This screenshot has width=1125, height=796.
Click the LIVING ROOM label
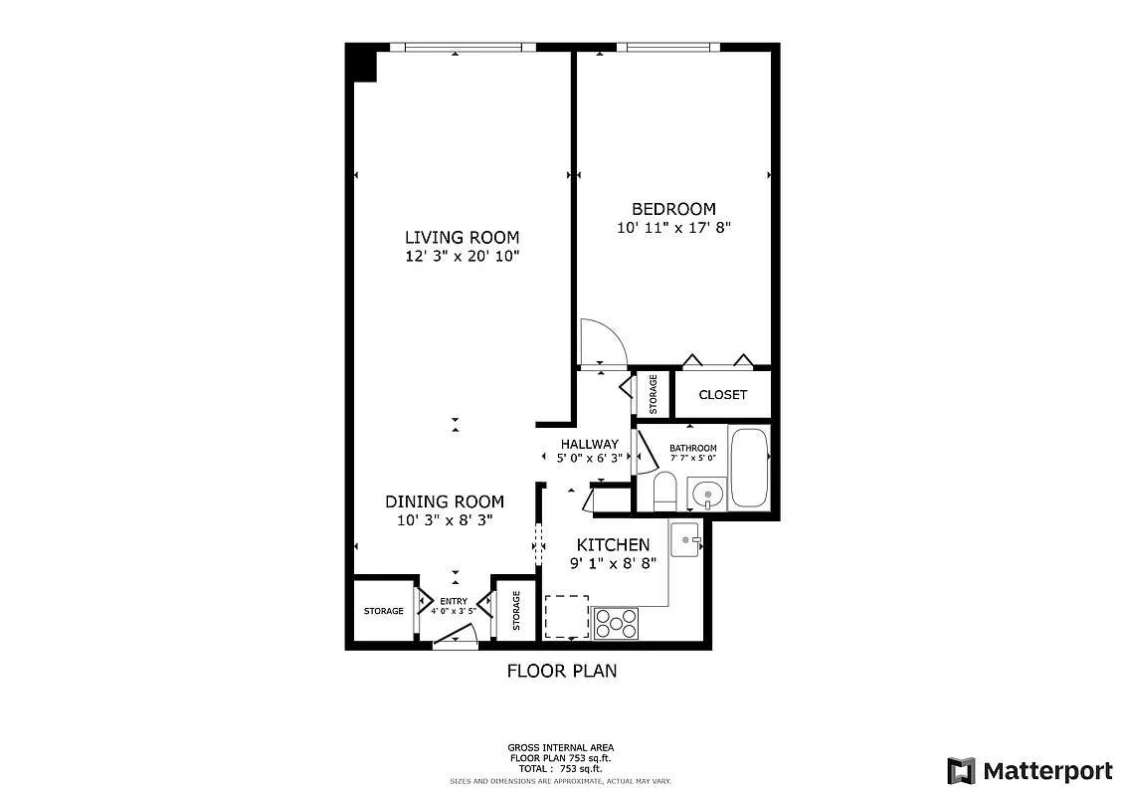point(462,237)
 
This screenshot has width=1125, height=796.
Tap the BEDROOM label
point(673,209)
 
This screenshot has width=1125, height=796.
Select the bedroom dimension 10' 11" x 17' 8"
point(673,228)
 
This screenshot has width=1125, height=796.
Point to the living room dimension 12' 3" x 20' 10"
point(462,256)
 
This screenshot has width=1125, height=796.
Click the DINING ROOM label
point(445,501)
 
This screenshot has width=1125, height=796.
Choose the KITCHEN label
point(614,544)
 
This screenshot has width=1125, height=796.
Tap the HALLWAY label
point(589,444)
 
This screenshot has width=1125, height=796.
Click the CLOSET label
point(722,395)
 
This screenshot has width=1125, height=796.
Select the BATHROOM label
point(692,448)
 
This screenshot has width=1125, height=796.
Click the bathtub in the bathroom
point(749,467)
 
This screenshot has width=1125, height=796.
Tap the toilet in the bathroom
point(664,492)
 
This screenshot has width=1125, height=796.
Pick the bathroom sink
point(705,494)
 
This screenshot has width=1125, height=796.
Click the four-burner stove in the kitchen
point(616,622)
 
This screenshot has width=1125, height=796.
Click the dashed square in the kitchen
point(566,616)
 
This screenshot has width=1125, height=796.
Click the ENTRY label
point(454,601)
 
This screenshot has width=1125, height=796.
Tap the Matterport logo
point(1029,770)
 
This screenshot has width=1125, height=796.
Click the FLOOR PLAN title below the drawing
point(562,671)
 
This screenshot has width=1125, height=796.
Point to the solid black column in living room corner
point(361,65)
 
